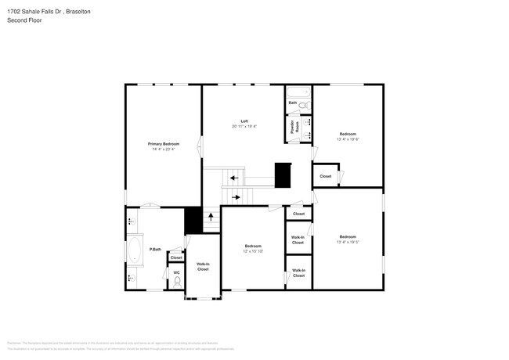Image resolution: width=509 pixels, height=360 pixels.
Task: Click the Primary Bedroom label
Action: click(x=164, y=144)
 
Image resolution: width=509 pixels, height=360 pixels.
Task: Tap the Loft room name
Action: click(x=244, y=121)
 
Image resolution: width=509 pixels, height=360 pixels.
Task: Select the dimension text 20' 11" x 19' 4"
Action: click(x=244, y=127)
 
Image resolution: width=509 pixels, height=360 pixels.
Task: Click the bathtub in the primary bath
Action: click(x=135, y=254)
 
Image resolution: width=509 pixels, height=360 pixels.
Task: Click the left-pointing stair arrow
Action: click(x=233, y=178)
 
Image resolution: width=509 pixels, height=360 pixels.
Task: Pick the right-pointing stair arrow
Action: click(x=236, y=197)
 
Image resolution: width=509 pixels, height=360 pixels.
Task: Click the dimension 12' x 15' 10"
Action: click(x=252, y=251)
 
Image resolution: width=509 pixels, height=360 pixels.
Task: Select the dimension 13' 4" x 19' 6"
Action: click(x=347, y=139)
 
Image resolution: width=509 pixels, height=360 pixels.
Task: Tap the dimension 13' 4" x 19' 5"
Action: click(x=347, y=242)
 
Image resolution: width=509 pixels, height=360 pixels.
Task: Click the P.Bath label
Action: click(x=157, y=250)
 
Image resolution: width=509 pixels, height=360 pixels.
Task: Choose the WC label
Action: click(x=176, y=272)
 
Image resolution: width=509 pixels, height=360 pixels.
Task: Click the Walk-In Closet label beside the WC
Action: click(x=202, y=266)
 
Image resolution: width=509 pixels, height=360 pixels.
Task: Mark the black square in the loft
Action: click(x=282, y=175)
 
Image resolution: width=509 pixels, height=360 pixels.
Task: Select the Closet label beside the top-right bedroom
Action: click(x=325, y=176)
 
